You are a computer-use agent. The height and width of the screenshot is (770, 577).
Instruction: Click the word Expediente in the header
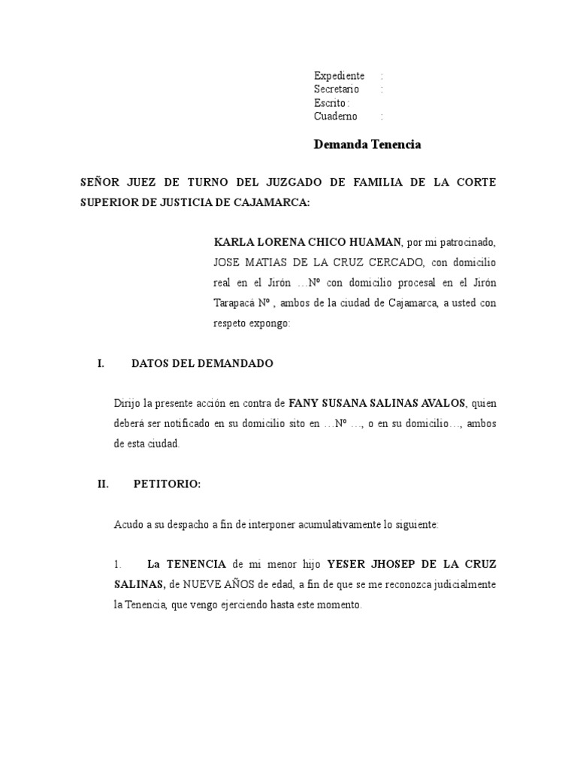[339, 76]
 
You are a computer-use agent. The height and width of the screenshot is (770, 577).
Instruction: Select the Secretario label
[337, 89]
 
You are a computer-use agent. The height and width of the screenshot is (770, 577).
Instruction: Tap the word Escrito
[330, 103]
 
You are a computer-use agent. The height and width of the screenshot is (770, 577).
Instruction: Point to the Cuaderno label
[336, 117]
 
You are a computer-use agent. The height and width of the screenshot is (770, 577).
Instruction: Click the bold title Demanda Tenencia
[367, 144]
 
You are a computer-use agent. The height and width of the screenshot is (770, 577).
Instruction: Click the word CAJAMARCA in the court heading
[270, 203]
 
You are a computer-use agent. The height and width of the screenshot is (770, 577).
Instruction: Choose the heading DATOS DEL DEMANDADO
[202, 364]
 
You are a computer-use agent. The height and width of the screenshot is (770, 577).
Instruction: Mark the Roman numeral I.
[100, 364]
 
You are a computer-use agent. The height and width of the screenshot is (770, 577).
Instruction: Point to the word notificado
[181, 424]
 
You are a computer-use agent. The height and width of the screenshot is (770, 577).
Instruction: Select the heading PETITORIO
[167, 485]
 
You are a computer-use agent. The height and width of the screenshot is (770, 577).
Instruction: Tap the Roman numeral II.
[103, 485]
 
